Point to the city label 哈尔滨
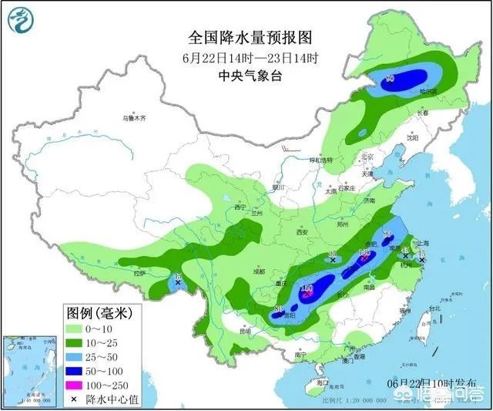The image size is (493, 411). pyautogui.click(x=428, y=92)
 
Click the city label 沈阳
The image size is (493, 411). pyautogui.click(x=413, y=140)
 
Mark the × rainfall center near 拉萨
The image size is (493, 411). pyautogui.click(x=178, y=283)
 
